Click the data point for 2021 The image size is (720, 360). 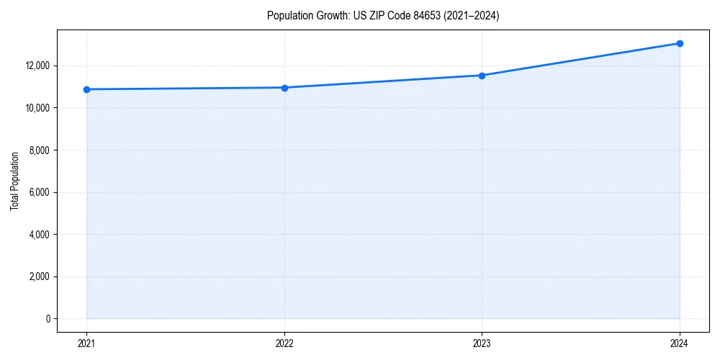point(87,89)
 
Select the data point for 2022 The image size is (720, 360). point(284,88)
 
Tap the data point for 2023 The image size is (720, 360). point(482,76)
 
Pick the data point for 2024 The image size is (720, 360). point(680,43)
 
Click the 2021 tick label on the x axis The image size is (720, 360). point(87,343)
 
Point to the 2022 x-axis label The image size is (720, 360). point(284,343)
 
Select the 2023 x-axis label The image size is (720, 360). point(482,343)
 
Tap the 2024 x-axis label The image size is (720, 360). point(680,343)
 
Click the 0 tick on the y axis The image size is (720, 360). point(48,319)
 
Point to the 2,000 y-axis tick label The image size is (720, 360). point(39,276)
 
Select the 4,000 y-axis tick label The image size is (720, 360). point(39,235)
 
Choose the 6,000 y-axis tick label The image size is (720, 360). point(39,192)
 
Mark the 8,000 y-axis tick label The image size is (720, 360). point(39,150)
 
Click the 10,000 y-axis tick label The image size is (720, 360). point(37,108)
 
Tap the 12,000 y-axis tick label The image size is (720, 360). point(37,66)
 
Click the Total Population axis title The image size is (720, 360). point(14,181)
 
